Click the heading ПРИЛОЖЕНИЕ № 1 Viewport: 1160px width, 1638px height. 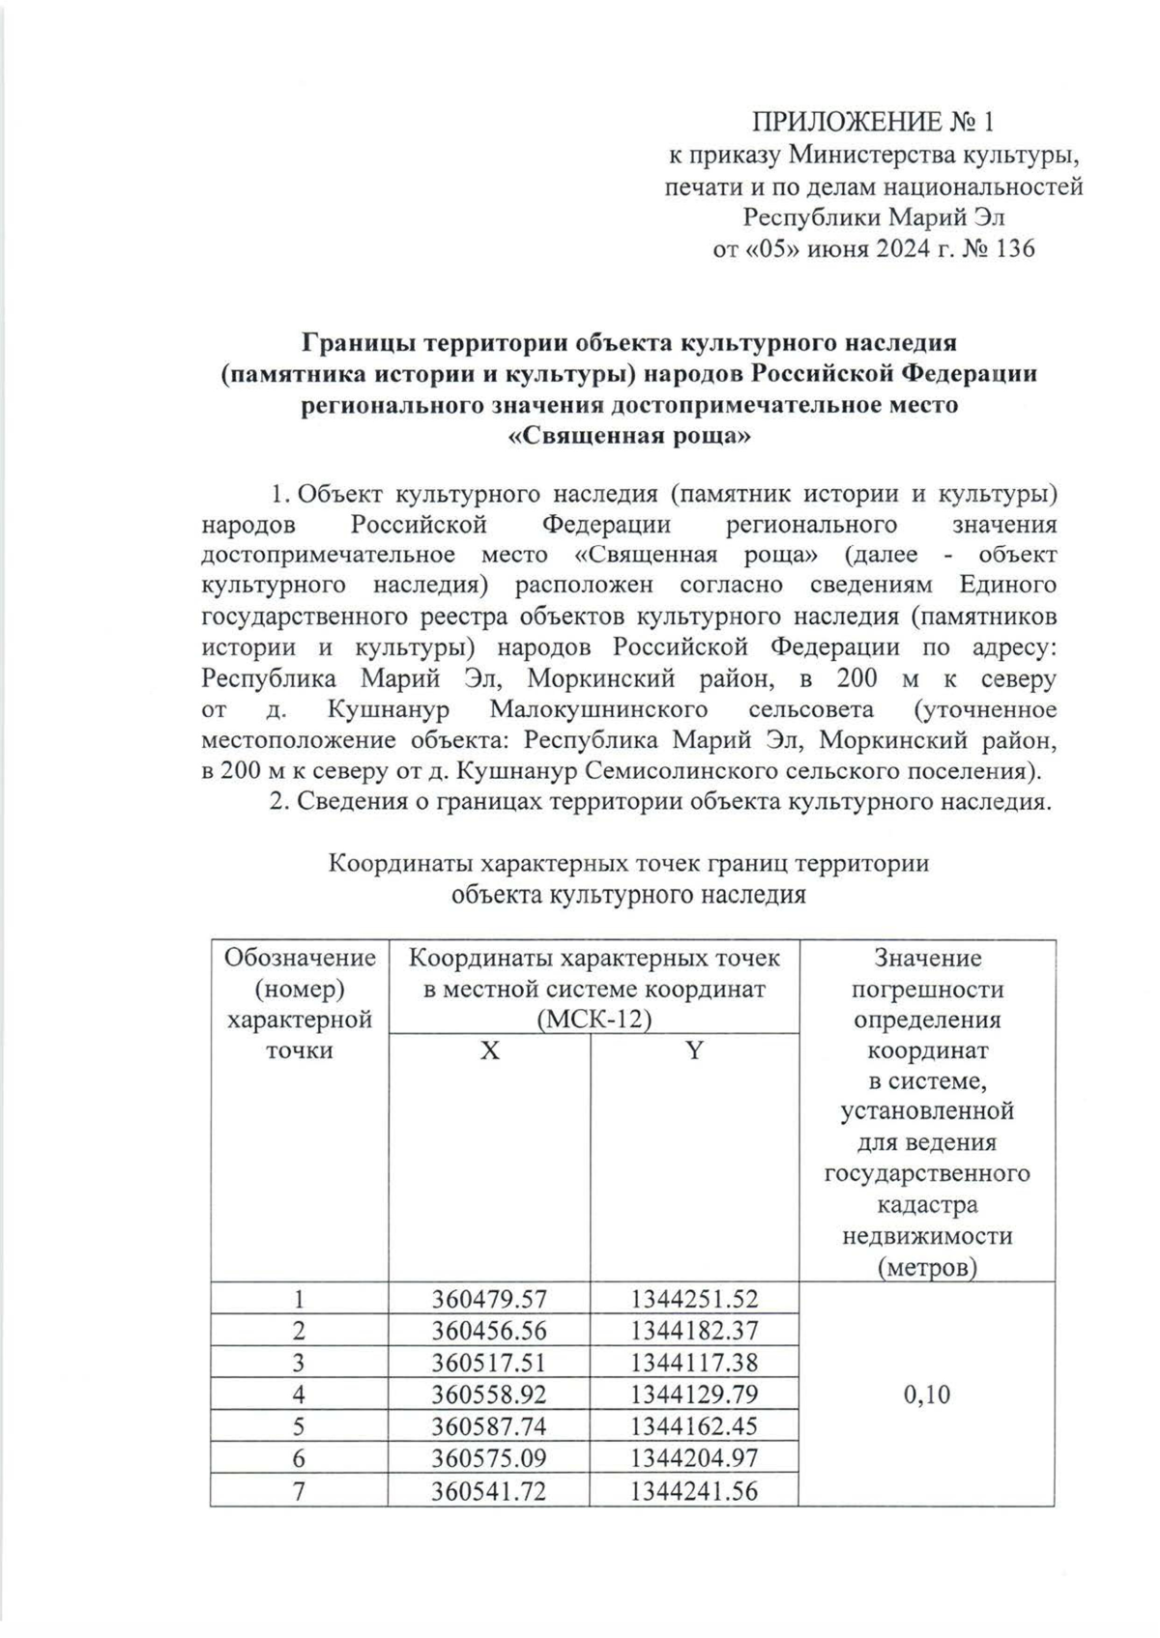873,123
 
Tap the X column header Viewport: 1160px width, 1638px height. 490,1050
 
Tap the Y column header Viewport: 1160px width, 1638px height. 694,1050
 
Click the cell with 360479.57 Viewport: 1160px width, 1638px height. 489,1299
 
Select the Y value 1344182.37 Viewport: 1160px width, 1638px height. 694,1331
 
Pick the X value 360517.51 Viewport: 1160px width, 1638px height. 489,1363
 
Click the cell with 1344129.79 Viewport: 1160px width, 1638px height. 694,1394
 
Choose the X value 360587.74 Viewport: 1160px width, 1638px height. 489,1426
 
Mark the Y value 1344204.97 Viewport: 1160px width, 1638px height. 694,1458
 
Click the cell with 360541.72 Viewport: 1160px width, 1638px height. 489,1491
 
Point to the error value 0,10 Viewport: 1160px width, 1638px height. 926,1394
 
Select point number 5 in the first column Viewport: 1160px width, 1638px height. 299,1426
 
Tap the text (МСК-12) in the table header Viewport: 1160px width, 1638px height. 594,1020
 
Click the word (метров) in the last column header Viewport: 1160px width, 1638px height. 926,1267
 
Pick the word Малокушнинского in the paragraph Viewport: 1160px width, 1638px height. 598,709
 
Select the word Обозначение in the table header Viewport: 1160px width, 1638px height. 300,958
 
